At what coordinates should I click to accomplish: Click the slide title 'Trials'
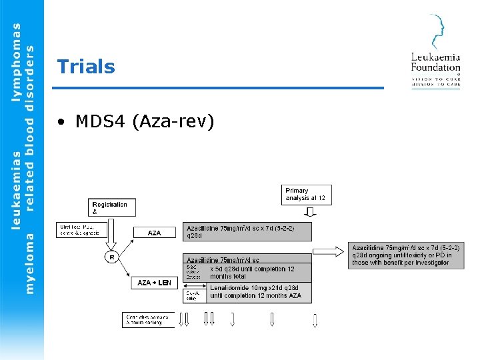[86, 67]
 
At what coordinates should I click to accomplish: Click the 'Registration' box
[111, 207]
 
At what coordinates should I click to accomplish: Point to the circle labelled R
[111, 257]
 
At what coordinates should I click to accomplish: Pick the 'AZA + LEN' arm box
[154, 283]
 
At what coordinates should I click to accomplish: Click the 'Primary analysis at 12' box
[307, 194]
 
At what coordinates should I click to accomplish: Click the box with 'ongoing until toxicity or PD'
[406, 255]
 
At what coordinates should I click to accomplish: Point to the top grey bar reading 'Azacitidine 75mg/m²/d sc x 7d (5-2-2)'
[247, 231]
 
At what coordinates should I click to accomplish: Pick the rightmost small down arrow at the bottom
[315, 320]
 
